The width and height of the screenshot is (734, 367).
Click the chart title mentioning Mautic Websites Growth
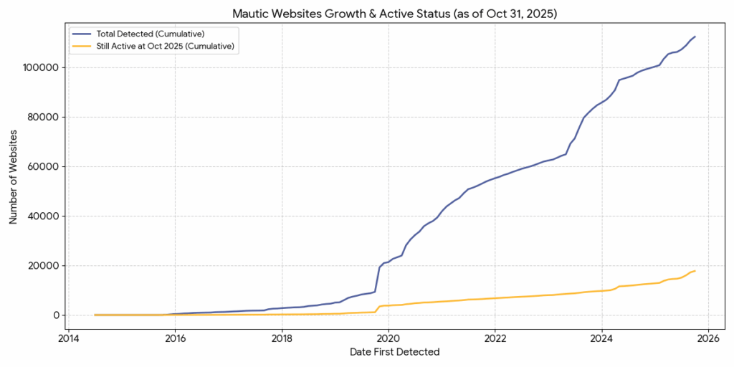click(394, 14)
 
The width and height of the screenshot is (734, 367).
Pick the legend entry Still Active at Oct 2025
click(164, 46)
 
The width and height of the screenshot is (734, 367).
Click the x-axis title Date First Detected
click(394, 352)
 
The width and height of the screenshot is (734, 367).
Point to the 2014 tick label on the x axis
click(69, 338)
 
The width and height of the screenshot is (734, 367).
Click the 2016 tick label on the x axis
click(176, 338)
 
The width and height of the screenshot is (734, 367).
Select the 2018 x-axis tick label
click(282, 338)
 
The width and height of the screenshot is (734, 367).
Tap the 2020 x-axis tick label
click(389, 338)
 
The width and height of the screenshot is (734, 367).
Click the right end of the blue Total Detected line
click(695, 37)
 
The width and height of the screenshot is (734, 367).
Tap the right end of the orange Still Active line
click(695, 271)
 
